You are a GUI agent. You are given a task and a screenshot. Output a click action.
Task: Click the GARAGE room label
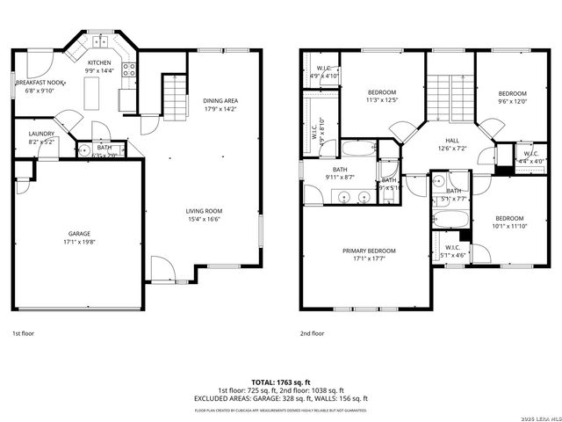(80, 233)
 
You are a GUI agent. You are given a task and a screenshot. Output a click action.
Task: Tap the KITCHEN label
(98, 63)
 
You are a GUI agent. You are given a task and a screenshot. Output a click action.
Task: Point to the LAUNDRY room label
(29, 133)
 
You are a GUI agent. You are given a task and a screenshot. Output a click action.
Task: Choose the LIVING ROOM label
(203, 210)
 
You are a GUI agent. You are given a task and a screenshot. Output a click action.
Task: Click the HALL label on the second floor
(452, 140)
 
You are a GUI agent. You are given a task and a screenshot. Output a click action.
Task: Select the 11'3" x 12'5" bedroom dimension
(382, 100)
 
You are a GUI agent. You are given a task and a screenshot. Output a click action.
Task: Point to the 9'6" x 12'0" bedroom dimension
(512, 101)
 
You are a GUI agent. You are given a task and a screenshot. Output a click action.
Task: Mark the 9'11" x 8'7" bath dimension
(340, 178)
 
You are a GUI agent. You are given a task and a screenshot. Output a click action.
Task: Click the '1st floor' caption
(22, 334)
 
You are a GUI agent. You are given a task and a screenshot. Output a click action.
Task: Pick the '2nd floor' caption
(313, 334)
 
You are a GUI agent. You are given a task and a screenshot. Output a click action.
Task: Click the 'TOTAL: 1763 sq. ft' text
(281, 382)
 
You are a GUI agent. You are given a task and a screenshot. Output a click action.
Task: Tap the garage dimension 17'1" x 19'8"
(80, 241)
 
